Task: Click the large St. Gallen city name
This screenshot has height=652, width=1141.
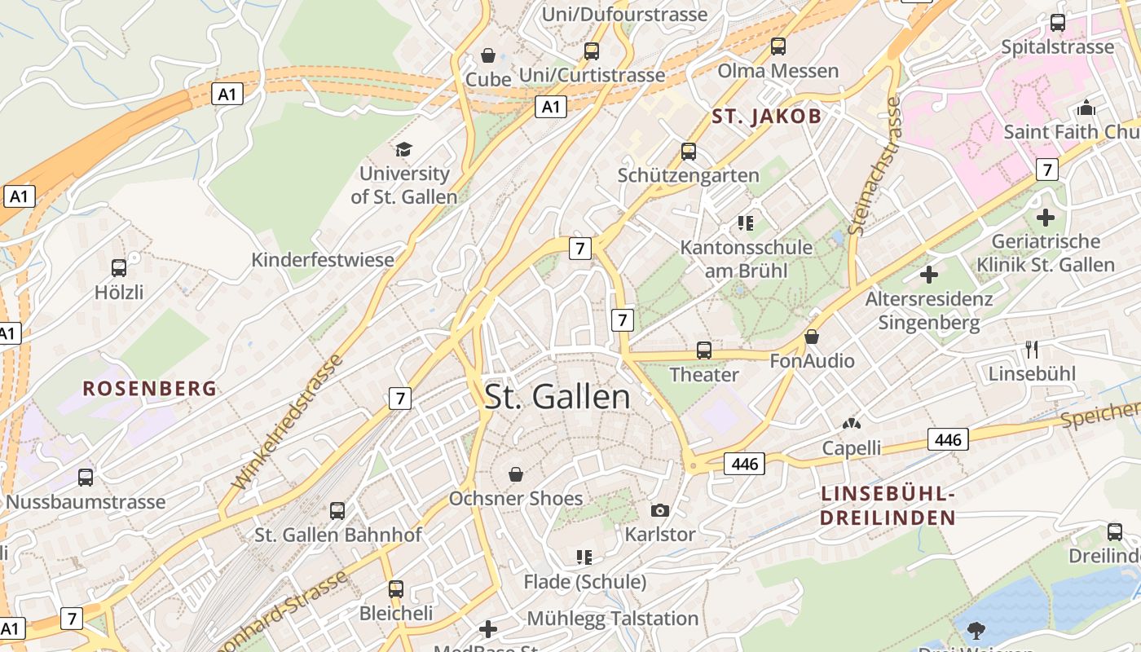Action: click(557, 397)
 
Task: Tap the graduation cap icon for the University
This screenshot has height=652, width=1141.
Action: click(403, 148)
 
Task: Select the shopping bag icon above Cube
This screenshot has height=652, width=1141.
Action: click(488, 55)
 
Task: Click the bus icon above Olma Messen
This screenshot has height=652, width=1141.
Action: click(778, 46)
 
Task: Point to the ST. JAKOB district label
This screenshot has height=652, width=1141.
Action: click(767, 116)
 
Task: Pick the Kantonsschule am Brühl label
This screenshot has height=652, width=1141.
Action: click(747, 258)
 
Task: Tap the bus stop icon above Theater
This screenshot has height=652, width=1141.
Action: click(704, 350)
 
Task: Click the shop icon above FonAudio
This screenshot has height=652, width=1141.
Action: click(812, 337)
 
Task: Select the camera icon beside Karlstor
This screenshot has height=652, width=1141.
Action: click(660, 511)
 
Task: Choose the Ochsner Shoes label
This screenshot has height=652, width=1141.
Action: click(516, 499)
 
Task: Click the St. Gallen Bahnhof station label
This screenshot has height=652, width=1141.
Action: click(338, 535)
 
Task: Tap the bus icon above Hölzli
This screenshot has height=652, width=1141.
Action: click(119, 267)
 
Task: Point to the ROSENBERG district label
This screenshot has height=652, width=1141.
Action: click(150, 389)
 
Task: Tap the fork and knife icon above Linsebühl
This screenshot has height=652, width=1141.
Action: click(1032, 350)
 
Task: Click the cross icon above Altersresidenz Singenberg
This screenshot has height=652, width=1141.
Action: click(928, 275)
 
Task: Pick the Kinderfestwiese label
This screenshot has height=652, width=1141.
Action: click(323, 260)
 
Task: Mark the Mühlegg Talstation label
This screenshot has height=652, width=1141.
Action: click(613, 619)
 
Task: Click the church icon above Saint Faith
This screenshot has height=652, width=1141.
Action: click(1086, 108)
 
